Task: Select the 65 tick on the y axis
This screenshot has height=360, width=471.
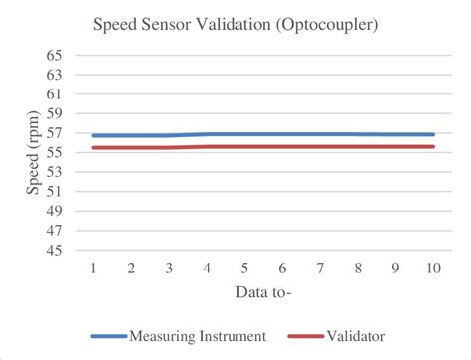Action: click(54, 55)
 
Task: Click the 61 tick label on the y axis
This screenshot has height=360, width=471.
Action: click(54, 93)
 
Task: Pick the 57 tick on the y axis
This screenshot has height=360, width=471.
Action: click(54, 133)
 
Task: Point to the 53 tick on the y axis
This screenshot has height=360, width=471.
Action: click(54, 172)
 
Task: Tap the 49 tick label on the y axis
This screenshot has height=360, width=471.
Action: click(54, 211)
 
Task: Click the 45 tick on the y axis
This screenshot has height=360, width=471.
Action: click(54, 251)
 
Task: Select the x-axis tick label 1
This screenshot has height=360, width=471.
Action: click(92, 269)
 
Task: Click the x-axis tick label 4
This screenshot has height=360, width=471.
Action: click(207, 269)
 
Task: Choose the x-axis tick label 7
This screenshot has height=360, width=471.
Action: click(321, 269)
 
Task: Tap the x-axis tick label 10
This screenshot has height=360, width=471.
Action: click(433, 269)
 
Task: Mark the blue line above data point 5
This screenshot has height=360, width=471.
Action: click(244, 134)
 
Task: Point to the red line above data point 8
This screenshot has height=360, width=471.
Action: click(359, 146)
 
